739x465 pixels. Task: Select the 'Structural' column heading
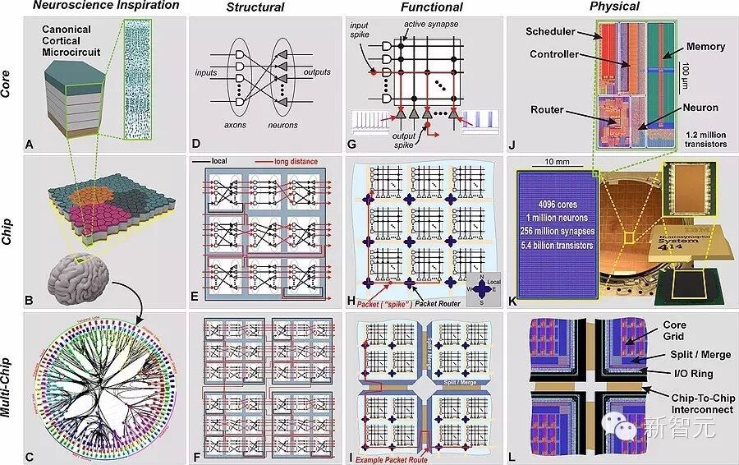click(x=255, y=8)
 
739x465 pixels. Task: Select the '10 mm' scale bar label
click(x=552, y=161)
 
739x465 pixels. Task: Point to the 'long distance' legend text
click(x=298, y=162)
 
